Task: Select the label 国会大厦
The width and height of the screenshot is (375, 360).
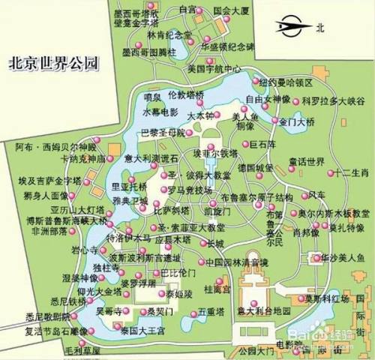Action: [x=232, y=10]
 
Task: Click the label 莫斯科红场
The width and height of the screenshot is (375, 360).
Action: [x=327, y=298]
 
